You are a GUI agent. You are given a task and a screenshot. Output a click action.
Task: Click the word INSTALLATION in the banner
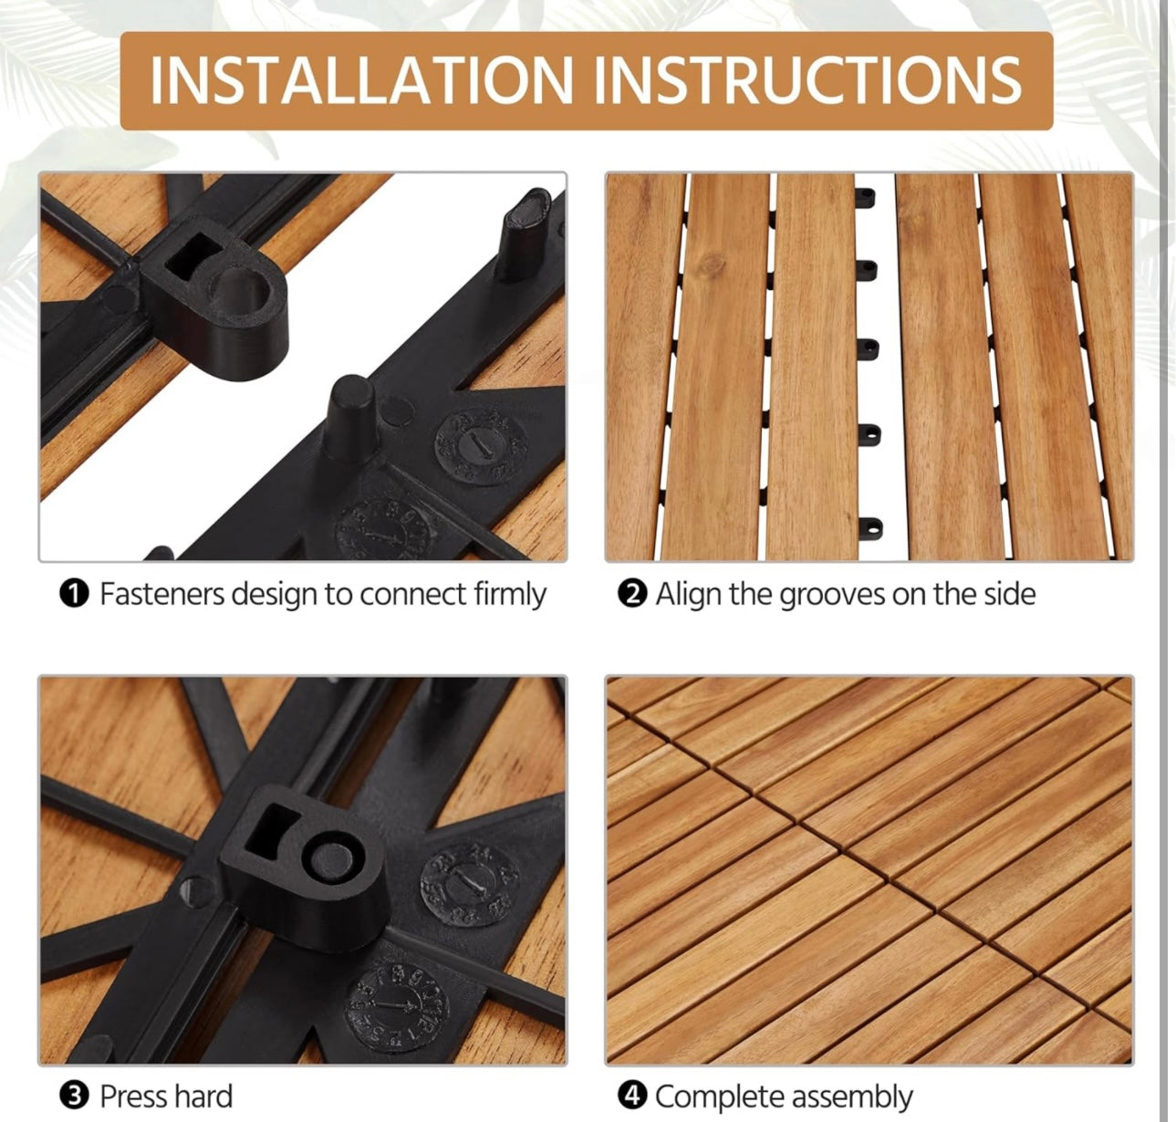361,80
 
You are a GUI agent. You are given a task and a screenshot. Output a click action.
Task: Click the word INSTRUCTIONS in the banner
807,80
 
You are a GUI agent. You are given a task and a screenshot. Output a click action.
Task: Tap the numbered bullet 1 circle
74,594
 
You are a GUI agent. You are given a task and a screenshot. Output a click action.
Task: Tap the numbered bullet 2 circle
632,594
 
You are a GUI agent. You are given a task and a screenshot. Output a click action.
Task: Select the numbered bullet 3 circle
74,1096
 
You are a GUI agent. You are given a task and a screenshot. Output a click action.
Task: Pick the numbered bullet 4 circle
632,1096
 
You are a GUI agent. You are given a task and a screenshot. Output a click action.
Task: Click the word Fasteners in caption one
161,594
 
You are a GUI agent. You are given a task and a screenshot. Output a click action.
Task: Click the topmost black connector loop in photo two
866,198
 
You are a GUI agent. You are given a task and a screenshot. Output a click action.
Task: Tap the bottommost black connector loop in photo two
871,528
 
